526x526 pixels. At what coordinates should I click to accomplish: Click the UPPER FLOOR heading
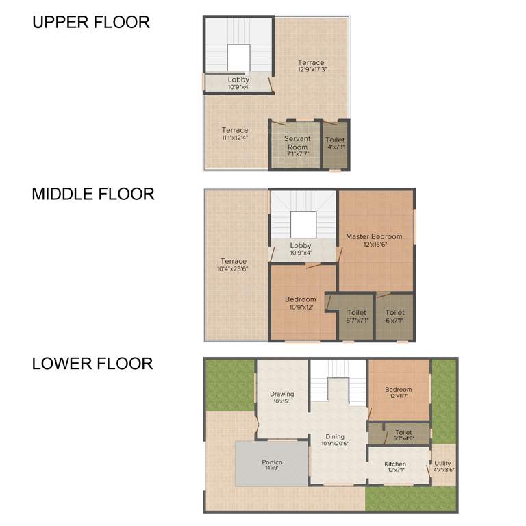pos(91,22)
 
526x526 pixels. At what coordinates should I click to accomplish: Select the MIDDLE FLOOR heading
pos(93,194)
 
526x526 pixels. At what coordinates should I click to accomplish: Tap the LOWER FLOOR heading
pos(92,363)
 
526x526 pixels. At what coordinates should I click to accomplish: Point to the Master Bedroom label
pos(374,236)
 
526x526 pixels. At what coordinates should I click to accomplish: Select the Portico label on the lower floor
pos(272,462)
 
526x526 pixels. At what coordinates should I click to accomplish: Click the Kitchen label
pos(397,464)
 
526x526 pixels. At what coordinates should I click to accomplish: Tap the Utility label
pos(443,464)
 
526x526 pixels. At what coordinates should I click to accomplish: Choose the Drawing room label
pos(281,394)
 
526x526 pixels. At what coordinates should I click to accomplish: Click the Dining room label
pos(335,436)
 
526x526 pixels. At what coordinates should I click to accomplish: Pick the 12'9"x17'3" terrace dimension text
pos(311,70)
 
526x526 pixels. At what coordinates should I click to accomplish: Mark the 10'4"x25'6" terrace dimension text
pos(234,269)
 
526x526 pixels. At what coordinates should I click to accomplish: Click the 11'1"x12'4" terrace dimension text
pos(235,138)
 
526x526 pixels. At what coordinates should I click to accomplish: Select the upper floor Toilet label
pos(335,140)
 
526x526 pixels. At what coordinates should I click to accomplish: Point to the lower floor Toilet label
pos(404,432)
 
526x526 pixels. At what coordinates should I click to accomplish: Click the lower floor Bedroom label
pos(398,390)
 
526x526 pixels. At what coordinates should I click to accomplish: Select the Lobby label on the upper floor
pos(238,79)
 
